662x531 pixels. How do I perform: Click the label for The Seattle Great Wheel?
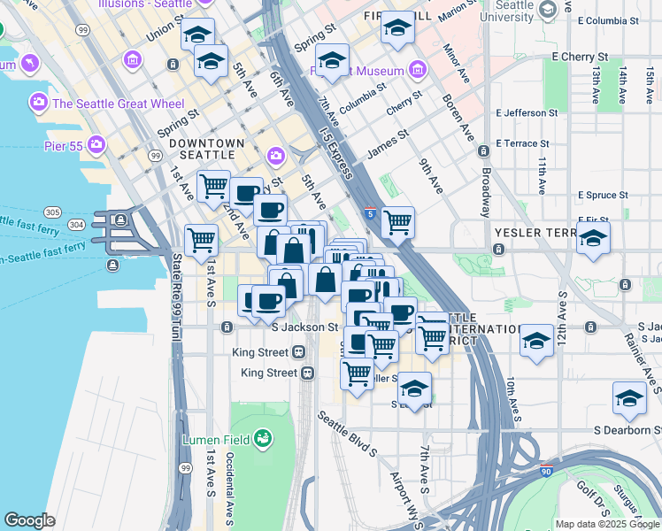118,104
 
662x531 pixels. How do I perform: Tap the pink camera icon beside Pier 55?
96,143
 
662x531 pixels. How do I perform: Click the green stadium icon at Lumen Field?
262,438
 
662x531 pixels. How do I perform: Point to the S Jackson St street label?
305,327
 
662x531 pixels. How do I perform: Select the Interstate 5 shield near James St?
370,213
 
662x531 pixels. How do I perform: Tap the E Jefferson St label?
527,113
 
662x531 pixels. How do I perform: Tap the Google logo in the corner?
29,520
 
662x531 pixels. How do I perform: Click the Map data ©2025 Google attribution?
606,524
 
